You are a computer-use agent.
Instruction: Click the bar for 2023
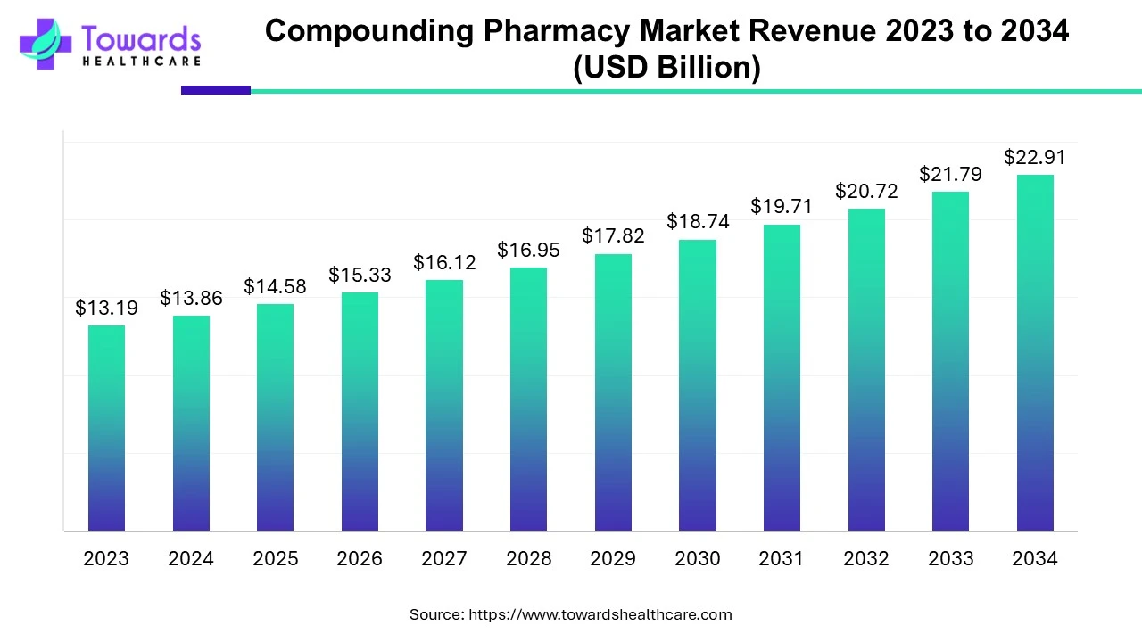pos(106,428)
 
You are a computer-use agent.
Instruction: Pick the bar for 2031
pos(782,378)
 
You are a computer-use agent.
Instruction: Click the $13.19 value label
pos(106,309)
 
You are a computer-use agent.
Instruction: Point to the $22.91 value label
pos(1035,158)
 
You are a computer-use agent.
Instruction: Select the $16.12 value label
pos(444,263)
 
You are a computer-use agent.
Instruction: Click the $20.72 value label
pos(866,192)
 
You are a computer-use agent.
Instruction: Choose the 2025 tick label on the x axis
pos(275,559)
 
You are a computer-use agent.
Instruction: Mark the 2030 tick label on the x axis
pos(698,559)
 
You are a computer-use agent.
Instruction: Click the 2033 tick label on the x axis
pos(950,559)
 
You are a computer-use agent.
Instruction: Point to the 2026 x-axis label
pos(360,559)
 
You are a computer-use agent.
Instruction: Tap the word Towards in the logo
pos(141,39)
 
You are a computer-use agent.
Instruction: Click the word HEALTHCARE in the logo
pos(141,62)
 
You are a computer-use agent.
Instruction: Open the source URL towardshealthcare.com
pos(600,614)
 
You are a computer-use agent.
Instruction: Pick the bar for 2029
pos(613,392)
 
